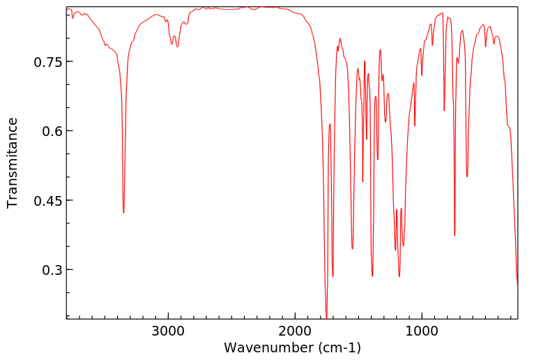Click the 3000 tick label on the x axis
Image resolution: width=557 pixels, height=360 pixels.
(x=168, y=330)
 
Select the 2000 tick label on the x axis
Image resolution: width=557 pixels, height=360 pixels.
(x=295, y=330)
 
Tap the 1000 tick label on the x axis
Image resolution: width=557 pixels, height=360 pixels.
(x=422, y=330)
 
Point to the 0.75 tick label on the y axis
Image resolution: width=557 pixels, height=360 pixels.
(x=48, y=62)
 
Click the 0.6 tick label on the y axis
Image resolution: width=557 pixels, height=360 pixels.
(x=52, y=131)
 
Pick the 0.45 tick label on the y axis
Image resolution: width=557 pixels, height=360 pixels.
(x=48, y=201)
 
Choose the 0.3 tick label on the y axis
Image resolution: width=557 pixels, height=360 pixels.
(x=52, y=270)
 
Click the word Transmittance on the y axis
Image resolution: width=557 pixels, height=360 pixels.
(x=13, y=163)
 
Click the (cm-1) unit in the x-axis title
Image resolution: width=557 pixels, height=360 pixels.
(x=339, y=347)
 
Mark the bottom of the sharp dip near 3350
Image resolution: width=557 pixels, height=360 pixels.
(x=123, y=213)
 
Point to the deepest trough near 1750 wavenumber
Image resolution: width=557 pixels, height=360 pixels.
(x=326, y=317)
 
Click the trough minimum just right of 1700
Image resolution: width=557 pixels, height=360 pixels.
(x=333, y=276)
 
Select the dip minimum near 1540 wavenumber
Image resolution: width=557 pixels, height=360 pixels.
(x=353, y=248)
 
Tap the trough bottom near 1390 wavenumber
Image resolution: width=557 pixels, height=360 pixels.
(x=372, y=276)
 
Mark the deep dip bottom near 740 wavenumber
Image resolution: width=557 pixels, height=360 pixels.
(x=455, y=236)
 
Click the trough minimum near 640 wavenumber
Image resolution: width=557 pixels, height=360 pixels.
(x=467, y=177)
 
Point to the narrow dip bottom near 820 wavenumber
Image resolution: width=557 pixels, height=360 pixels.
(x=444, y=110)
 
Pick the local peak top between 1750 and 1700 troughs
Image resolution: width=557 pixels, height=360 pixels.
(x=330, y=124)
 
